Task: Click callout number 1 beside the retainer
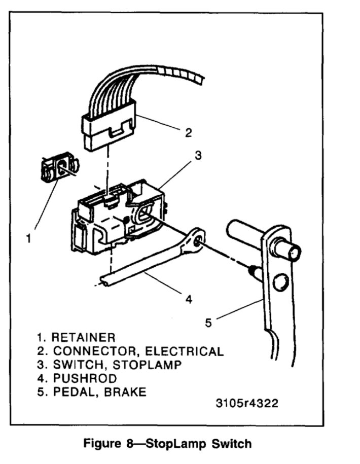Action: pos(29,237)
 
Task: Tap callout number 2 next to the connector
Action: pos(188,133)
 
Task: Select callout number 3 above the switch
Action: pos(199,155)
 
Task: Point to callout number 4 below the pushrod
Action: pos(188,299)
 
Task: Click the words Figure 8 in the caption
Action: pos(107,444)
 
